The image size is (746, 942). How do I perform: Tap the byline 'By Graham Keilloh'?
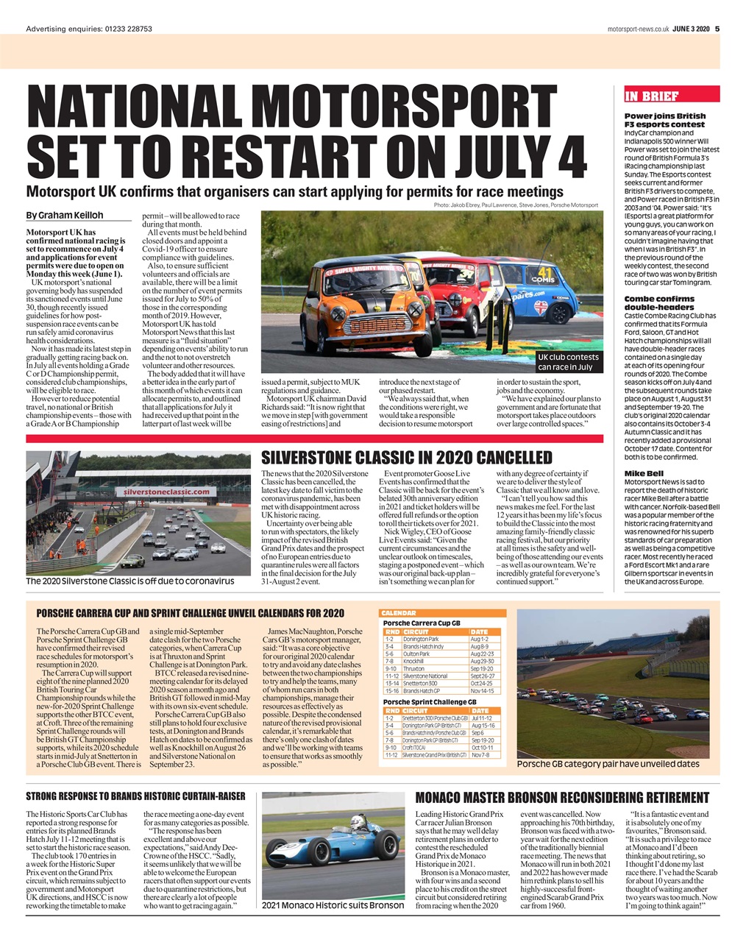(x=64, y=216)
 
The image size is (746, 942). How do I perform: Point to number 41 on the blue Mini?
(x=545, y=269)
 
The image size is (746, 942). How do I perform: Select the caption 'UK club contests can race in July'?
(x=568, y=361)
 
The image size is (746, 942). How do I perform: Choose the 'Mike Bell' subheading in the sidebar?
(x=644, y=473)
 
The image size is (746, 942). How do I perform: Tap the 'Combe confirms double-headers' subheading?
(x=659, y=302)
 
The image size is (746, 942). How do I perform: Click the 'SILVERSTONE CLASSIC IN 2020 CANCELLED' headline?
(x=407, y=458)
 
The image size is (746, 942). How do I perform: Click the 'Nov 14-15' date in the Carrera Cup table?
(x=483, y=691)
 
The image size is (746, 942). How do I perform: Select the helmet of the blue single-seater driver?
(x=358, y=822)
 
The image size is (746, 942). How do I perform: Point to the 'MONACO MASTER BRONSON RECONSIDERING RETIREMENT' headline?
(x=562, y=798)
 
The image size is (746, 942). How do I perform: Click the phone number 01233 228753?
(x=128, y=29)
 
